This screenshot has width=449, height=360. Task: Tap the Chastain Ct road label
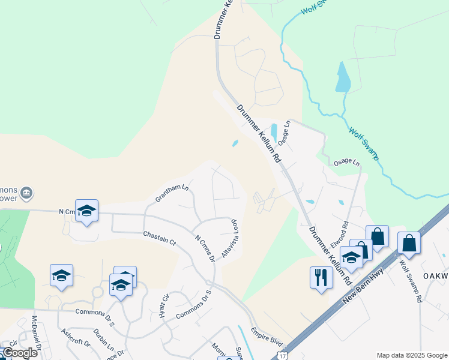pyautogui.click(x=159, y=239)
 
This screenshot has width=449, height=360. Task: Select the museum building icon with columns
pyautogui.click(x=26, y=193)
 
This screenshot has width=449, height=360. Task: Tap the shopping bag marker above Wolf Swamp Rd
pyautogui.click(x=409, y=243)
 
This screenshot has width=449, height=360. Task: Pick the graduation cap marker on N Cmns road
pyautogui.click(x=87, y=211)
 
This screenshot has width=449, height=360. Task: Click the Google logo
pyautogui.click(x=19, y=353)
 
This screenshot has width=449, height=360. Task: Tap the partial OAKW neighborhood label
pyautogui.click(x=436, y=275)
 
